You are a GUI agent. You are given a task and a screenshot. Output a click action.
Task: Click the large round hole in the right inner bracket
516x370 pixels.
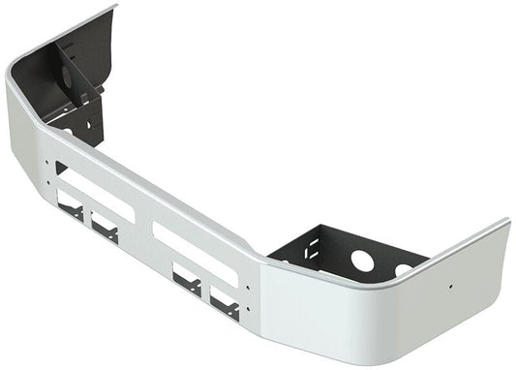tap(363, 261)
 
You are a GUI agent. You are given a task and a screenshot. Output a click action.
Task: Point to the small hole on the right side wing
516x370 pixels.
tap(451, 287)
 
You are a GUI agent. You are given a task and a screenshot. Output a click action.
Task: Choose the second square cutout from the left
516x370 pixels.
tap(105, 229)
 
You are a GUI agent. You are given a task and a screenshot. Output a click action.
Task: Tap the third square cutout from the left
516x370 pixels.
tap(187, 281)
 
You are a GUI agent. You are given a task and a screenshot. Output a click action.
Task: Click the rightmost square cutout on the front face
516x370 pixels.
tap(224, 306)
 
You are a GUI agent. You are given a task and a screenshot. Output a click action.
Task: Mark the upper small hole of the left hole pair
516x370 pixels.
tap(46, 162)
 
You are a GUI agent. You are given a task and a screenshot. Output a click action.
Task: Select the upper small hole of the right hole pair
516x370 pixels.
tap(250, 288)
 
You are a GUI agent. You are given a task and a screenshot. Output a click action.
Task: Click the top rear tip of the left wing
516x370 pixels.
tap(114, 7)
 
